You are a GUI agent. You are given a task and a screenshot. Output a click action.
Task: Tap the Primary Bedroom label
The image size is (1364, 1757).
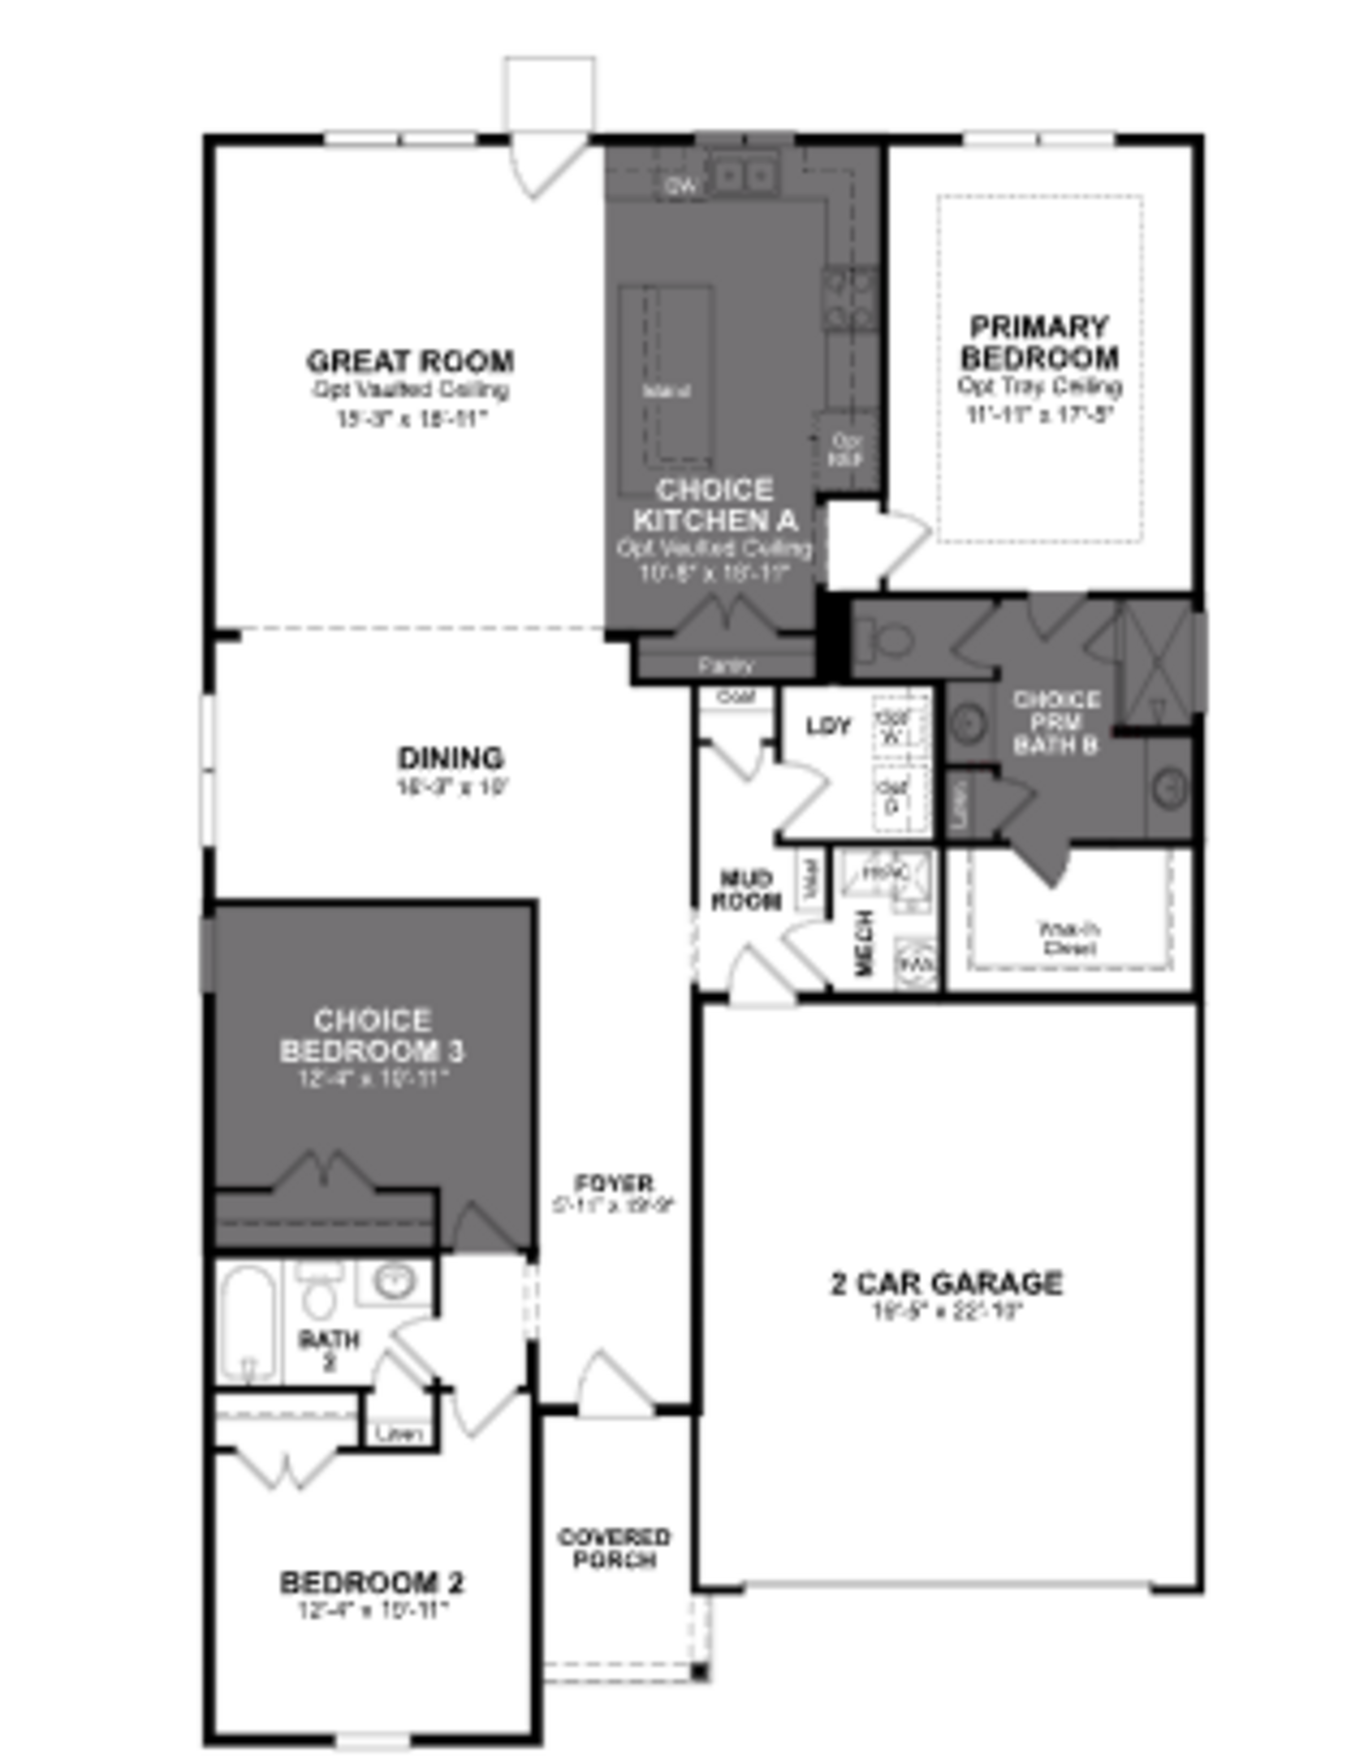pyautogui.click(x=1039, y=342)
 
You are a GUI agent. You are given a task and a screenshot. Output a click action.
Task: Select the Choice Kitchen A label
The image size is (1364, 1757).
pyautogui.click(x=714, y=505)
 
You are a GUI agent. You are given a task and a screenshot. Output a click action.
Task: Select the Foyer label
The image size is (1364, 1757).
pyautogui.click(x=614, y=1184)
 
